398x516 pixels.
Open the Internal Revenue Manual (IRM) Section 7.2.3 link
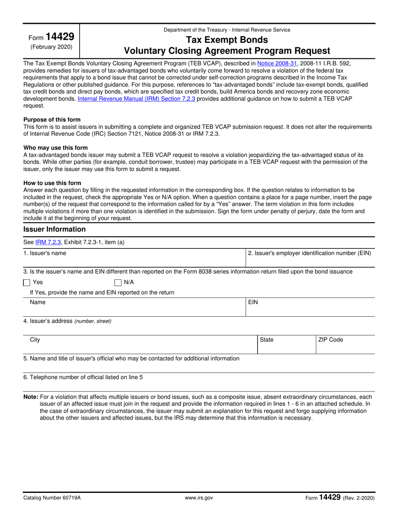pyautogui.click(x=136, y=99)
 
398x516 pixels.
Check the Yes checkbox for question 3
pyautogui.click(x=27, y=282)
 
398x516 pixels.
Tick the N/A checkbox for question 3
pyautogui.click(x=118, y=282)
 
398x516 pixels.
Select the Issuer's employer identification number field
pyautogui.click(x=310, y=258)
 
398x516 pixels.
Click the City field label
pyautogui.click(x=35, y=340)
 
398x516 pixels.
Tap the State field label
pyautogui.click(x=266, y=340)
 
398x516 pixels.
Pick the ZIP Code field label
pyautogui.click(x=330, y=340)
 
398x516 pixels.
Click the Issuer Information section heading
pyautogui.click(x=54, y=229)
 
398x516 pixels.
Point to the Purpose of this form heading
pyautogui.click(x=52, y=120)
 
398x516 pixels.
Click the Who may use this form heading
pyautogui.click(x=56, y=148)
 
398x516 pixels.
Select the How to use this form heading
pyautogui.click(x=52, y=183)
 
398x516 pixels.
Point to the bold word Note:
pyautogui.click(x=31, y=396)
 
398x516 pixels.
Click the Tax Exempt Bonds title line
pyautogui.click(x=227, y=40)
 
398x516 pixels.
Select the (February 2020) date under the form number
pyautogui.click(x=51, y=47)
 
